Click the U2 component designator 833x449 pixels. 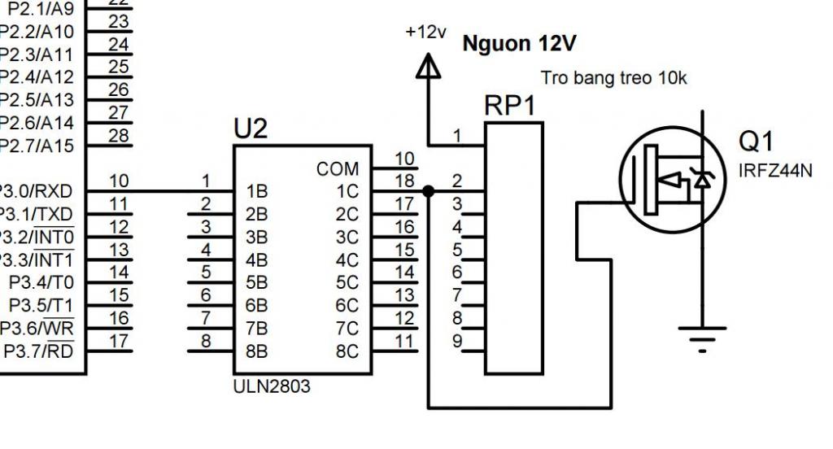[x=251, y=129]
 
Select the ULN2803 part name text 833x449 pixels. [x=272, y=386]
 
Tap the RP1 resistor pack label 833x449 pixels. [x=510, y=106]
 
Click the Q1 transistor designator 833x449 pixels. [x=756, y=142]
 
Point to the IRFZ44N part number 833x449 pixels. [x=775, y=171]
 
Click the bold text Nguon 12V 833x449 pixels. [x=519, y=44]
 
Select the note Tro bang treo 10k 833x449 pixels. [x=613, y=78]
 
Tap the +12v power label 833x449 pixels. [x=425, y=32]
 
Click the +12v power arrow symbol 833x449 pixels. [x=428, y=66]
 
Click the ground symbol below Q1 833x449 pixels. [x=702, y=339]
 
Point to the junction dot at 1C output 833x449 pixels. [x=428, y=191]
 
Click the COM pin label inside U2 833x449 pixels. [x=338, y=169]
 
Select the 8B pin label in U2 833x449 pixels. [x=256, y=351]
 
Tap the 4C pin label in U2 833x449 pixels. [x=347, y=260]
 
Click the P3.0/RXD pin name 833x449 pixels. [x=35, y=191]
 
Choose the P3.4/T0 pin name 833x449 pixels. [x=41, y=283]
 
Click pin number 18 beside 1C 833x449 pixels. [x=404, y=181]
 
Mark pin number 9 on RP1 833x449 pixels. [x=457, y=341]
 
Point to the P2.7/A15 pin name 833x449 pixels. [x=36, y=146]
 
